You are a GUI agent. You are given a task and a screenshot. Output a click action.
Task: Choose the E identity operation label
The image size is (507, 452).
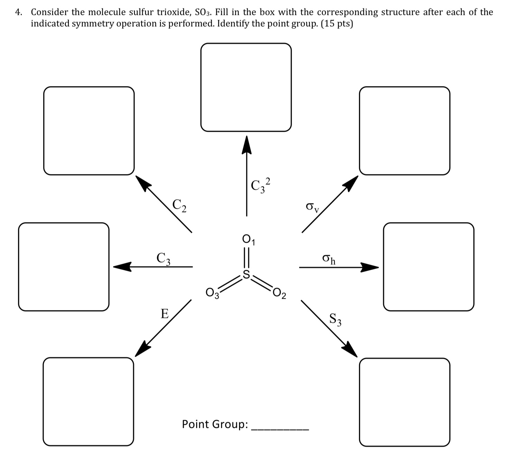[165, 314]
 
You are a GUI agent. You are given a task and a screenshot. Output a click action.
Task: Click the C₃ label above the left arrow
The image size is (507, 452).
[164, 258]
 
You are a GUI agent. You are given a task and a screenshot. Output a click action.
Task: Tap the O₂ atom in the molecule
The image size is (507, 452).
[279, 294]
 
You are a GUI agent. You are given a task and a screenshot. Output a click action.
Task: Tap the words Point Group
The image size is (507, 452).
[215, 424]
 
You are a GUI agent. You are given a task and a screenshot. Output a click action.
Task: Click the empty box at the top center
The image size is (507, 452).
[246, 87]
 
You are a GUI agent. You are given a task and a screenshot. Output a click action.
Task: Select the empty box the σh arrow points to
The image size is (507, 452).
[428, 267]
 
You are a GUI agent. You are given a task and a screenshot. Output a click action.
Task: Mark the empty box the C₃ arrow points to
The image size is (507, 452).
[64, 267]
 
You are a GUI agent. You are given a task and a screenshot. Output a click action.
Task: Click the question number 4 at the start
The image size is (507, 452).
[18, 12]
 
